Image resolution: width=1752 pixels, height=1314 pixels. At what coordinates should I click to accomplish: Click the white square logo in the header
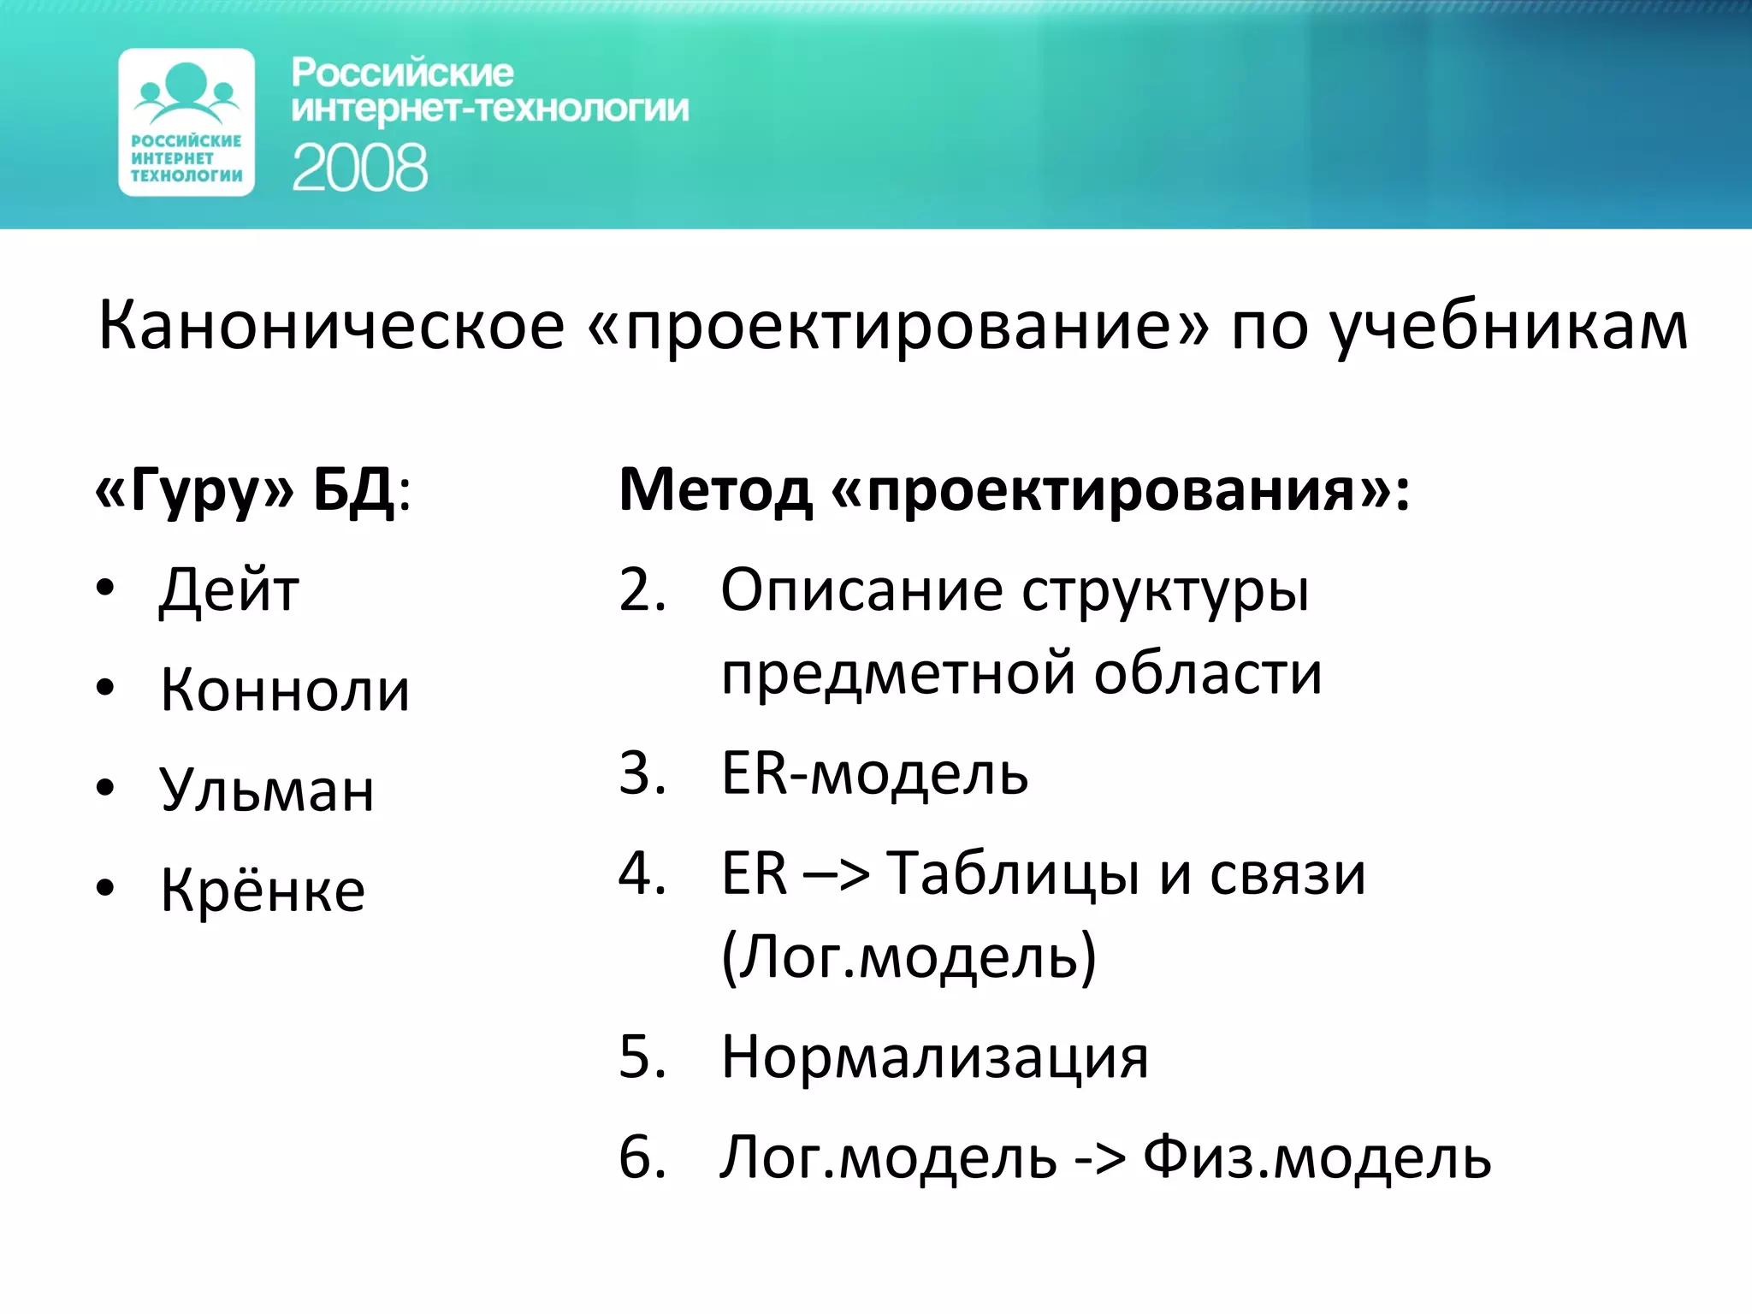pos(186,121)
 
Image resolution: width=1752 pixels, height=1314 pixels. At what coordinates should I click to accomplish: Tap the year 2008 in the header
pos(359,168)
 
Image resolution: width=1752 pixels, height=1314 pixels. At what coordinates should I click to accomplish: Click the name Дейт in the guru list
pos(229,590)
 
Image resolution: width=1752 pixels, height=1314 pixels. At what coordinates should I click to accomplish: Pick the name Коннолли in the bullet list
pos(285,690)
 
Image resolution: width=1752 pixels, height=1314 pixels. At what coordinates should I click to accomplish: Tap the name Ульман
pos(266,790)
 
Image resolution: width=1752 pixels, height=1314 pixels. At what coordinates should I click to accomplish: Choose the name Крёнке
pos(263,891)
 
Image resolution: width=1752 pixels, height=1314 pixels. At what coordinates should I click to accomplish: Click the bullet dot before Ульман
pos(105,788)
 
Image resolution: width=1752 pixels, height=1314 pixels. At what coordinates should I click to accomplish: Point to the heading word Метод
pos(715,490)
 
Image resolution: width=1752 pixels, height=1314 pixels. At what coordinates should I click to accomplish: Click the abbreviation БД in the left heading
pos(353,490)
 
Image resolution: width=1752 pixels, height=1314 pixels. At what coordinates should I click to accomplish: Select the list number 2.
pos(642,590)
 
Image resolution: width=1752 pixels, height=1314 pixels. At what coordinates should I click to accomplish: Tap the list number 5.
pos(642,1057)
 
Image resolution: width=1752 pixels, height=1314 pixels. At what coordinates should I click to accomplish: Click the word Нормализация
pos(934,1057)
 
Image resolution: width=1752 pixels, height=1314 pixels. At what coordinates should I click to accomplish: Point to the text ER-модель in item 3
pos(874,773)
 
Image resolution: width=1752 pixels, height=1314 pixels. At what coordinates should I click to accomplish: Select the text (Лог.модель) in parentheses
pos(909,956)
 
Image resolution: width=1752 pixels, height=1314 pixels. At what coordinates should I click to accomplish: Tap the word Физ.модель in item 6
pos(1317,1157)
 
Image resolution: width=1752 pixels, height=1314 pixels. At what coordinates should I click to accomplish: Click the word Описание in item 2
pos(861,590)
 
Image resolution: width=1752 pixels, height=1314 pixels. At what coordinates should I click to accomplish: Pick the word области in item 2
pos(1208,673)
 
